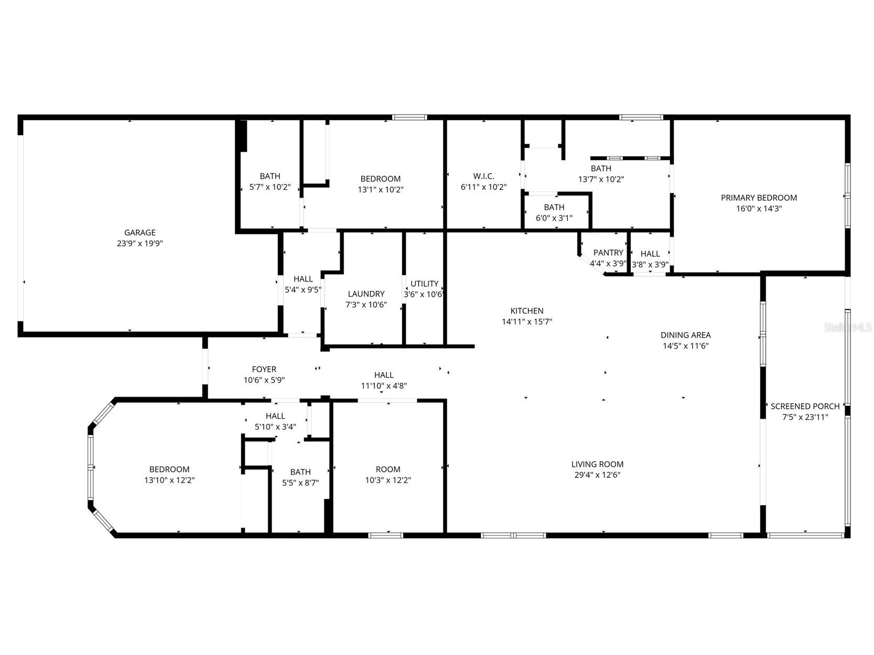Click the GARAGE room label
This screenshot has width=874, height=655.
tap(139, 233)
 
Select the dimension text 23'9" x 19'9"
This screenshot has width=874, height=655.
tap(139, 243)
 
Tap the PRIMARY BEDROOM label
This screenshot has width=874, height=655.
tap(759, 198)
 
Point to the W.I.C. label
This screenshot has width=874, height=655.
tap(483, 176)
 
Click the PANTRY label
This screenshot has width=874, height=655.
tap(608, 253)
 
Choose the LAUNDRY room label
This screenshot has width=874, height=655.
tap(366, 294)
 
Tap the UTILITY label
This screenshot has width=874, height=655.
tap(424, 283)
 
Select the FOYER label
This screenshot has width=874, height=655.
tap(264, 369)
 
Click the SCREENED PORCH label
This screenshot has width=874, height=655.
tap(805, 406)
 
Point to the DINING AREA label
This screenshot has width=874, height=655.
tap(685, 335)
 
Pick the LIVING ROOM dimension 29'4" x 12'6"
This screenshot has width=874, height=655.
tap(597, 475)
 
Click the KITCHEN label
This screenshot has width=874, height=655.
tap(527, 311)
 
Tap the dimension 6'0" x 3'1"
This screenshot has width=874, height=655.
tap(554, 218)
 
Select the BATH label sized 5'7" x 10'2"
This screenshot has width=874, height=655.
tap(269, 176)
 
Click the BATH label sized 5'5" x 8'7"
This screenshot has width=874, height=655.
tap(300, 472)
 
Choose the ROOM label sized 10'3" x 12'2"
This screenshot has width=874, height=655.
tap(388, 470)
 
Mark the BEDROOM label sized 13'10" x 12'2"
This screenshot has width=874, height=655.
tap(169, 470)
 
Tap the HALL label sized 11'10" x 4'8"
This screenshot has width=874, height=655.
tap(384, 375)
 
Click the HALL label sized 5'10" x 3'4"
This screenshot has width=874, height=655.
tap(275, 416)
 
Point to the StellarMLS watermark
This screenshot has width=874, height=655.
tap(847, 327)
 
